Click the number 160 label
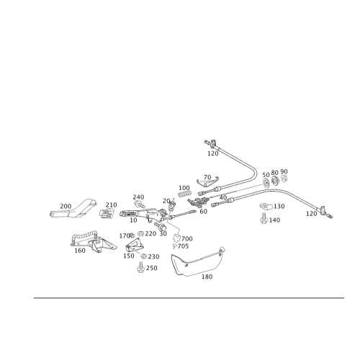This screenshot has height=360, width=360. point(80,250)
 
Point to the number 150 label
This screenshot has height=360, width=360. point(207,275)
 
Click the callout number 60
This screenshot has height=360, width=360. point(204,212)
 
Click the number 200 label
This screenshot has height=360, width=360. point(66,205)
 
